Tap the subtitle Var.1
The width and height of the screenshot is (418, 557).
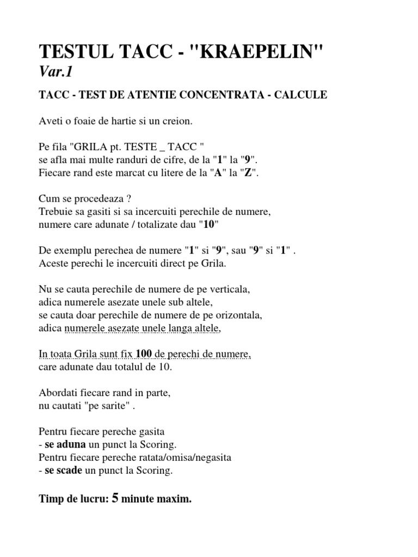55,72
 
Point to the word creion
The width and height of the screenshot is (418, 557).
178,121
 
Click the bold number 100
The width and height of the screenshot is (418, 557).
144,355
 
